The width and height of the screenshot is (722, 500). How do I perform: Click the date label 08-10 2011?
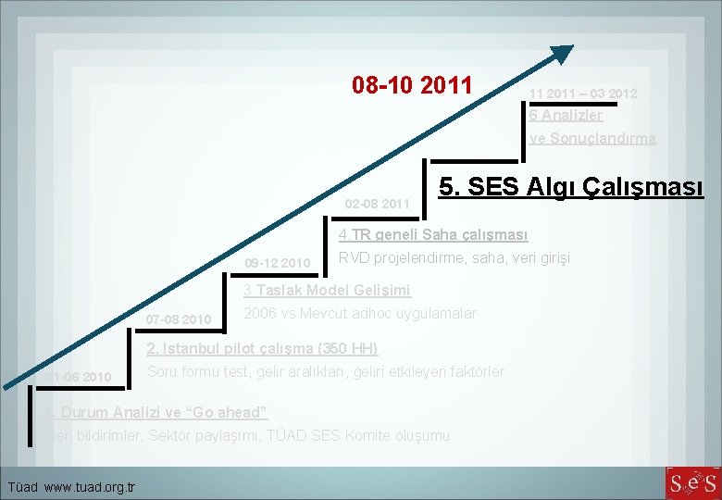412,87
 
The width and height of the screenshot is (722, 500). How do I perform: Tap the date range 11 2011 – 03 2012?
583,94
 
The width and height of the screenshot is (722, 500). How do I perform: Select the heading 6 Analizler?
566,116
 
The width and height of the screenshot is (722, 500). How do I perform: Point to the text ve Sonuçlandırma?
592,138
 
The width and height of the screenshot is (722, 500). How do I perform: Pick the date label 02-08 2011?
377,203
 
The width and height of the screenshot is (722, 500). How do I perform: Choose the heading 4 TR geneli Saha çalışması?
433,234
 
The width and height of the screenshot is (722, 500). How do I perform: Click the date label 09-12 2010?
278,264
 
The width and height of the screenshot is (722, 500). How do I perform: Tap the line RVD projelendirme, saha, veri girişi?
454,257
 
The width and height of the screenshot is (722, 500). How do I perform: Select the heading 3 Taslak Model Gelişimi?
326,290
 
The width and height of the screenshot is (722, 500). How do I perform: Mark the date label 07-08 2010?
179,319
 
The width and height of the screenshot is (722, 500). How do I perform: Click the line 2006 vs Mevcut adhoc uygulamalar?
359,313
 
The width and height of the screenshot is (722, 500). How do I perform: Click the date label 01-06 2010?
80,377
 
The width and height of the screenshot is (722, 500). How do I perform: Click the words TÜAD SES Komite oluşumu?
380,434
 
